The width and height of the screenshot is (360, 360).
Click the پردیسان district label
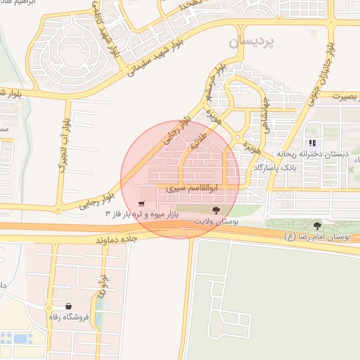point(252,43)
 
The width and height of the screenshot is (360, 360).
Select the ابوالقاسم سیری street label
point(197,190)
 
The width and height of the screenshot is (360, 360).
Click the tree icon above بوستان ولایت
point(216,210)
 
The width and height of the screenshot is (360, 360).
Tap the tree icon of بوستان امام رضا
point(318,226)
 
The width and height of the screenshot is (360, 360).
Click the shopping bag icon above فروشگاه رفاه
point(68,306)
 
